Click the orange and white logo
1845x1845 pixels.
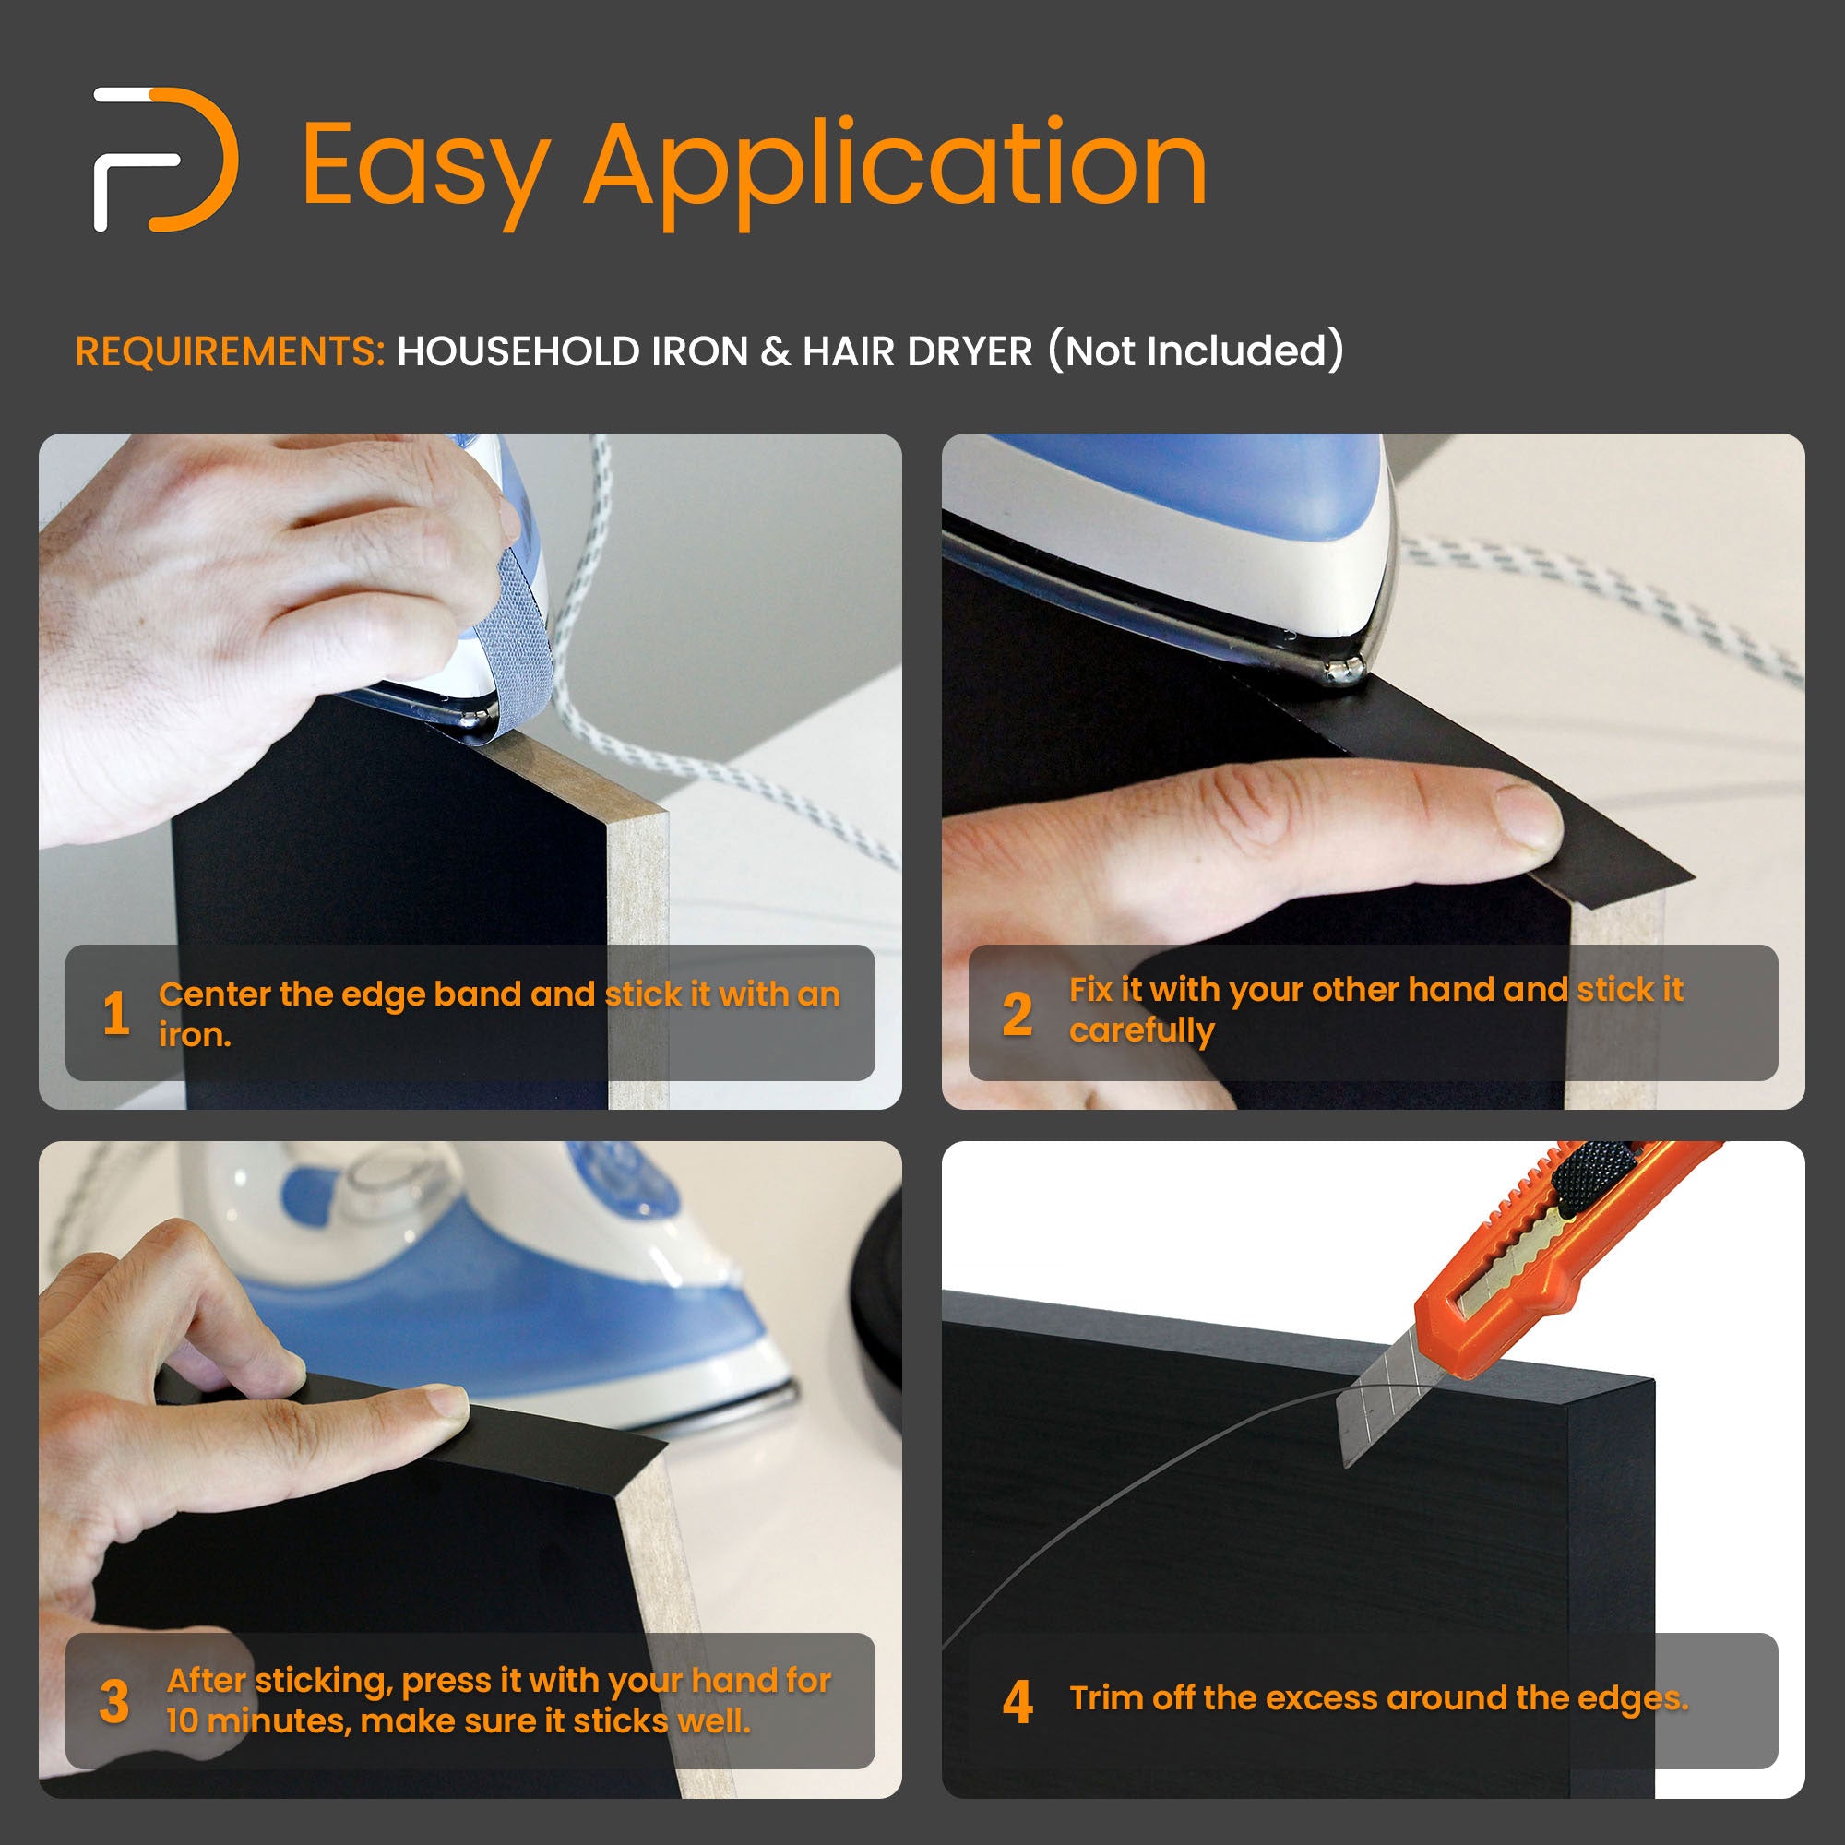pos(164,160)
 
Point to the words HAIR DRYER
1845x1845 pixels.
pos(917,351)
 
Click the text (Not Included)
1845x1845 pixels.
pos(1196,351)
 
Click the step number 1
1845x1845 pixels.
pos(115,1012)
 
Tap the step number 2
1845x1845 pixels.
pos(1017,1013)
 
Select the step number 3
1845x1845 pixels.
pos(114,1701)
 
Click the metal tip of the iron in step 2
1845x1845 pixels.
pos(1345,671)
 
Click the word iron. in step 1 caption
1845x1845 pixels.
pos(195,1035)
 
